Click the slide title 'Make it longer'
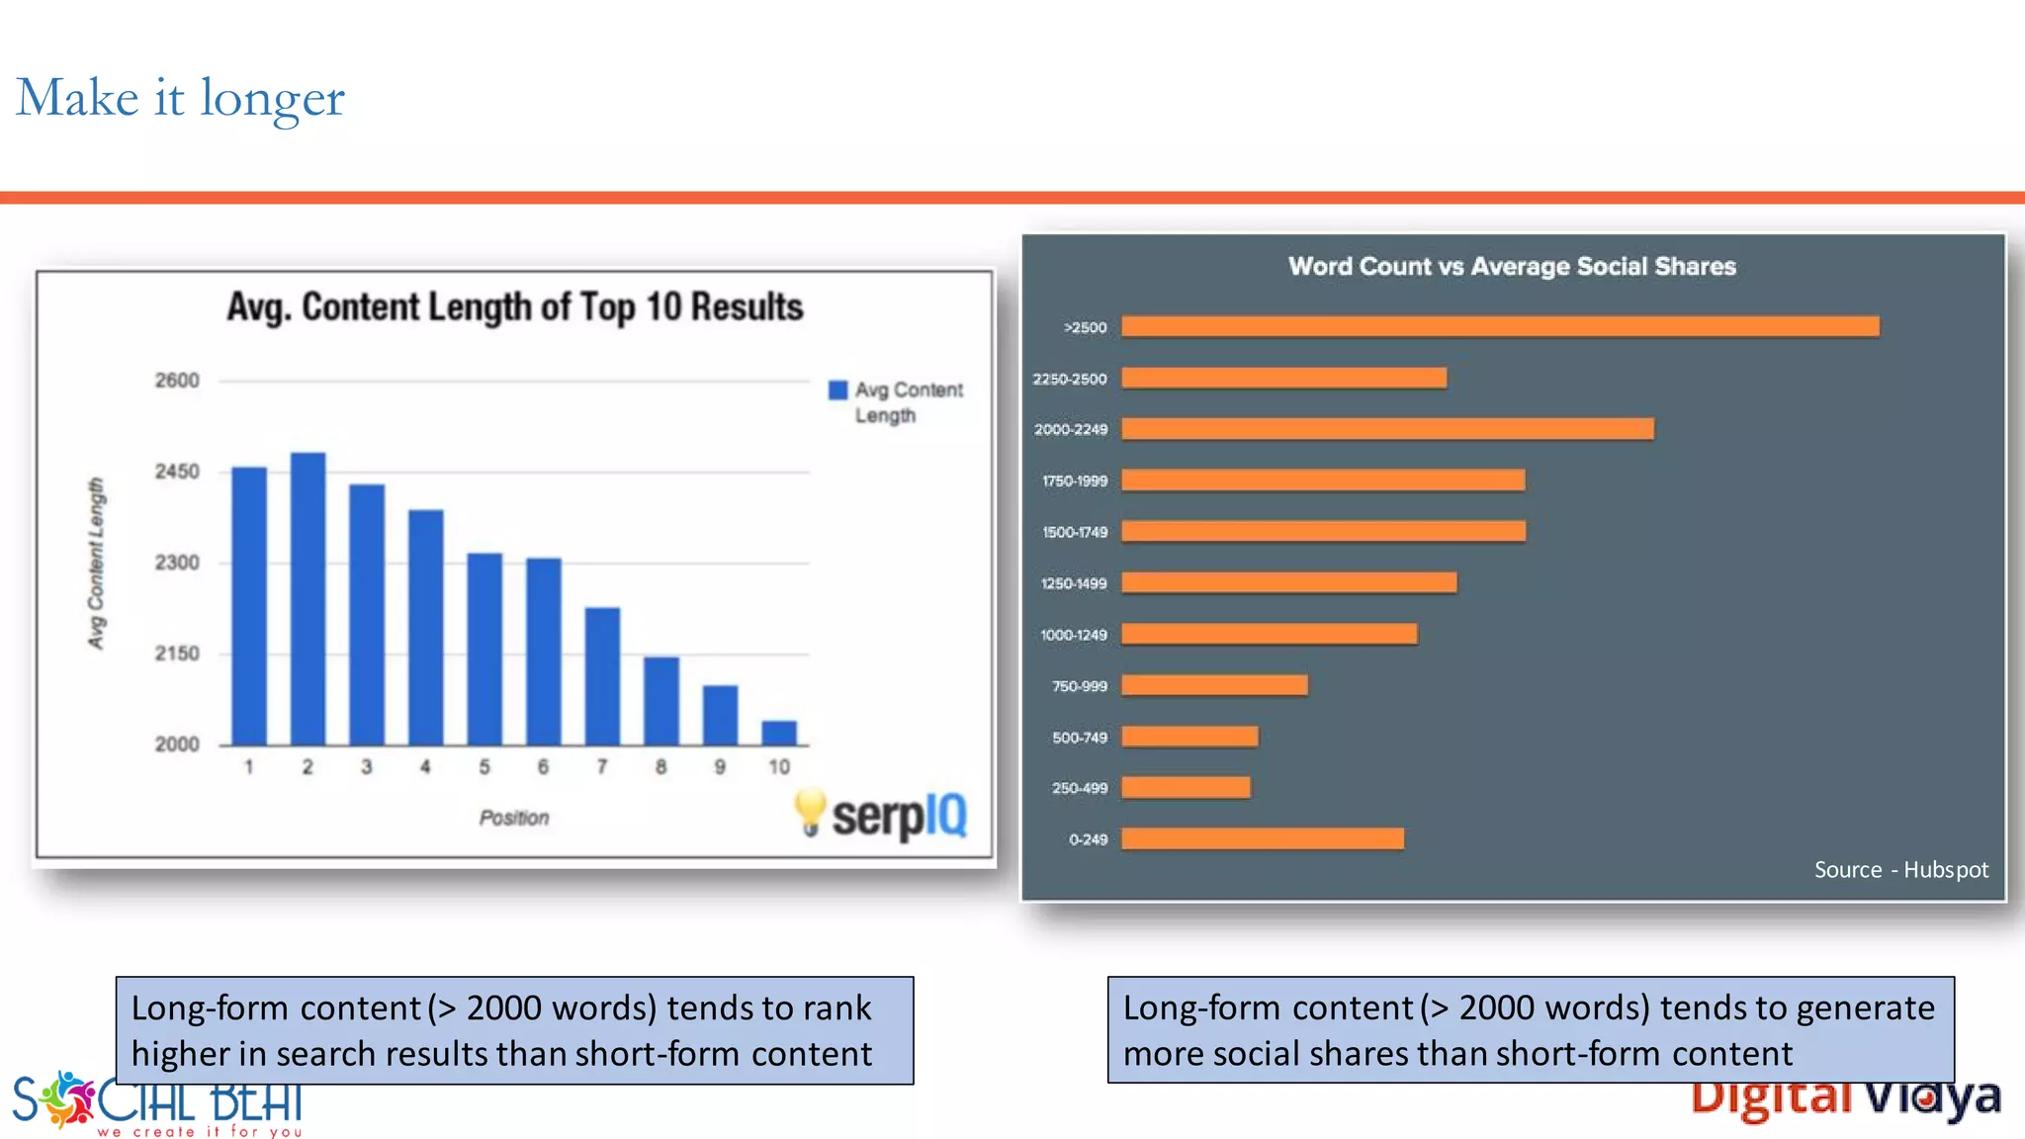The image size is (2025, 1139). [x=180, y=99]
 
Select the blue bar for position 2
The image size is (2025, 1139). [x=308, y=598]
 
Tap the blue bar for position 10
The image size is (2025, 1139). [x=779, y=733]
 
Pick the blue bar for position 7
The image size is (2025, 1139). [x=602, y=675]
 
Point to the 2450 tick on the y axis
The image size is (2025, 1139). [x=177, y=472]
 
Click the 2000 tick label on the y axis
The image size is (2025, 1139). [x=177, y=745]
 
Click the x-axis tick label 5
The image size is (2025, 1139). [x=484, y=767]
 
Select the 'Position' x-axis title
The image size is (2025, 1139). [x=513, y=818]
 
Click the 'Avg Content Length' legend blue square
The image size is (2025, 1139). [x=837, y=390]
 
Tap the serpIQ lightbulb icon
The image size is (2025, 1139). [x=809, y=812]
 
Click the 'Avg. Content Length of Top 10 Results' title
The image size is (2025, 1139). [x=514, y=307]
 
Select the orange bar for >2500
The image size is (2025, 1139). [x=1500, y=326]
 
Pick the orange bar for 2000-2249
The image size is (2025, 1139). [x=1387, y=429]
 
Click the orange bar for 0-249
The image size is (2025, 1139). [x=1263, y=839]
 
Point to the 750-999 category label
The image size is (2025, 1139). [x=1079, y=686]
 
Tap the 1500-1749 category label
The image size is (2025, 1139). [x=1074, y=532]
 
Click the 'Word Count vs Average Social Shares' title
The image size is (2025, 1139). [x=1512, y=267]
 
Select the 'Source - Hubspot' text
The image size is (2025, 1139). [x=1900, y=870]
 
